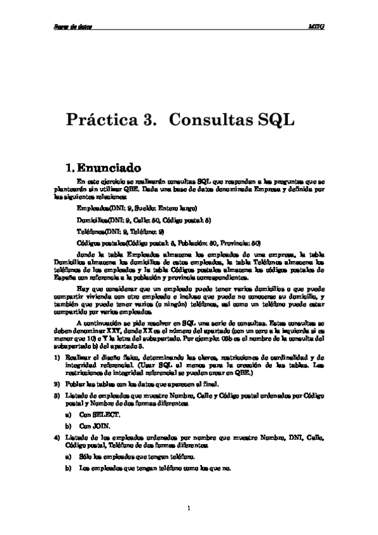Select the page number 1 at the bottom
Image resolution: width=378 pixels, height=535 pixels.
pos(189,508)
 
